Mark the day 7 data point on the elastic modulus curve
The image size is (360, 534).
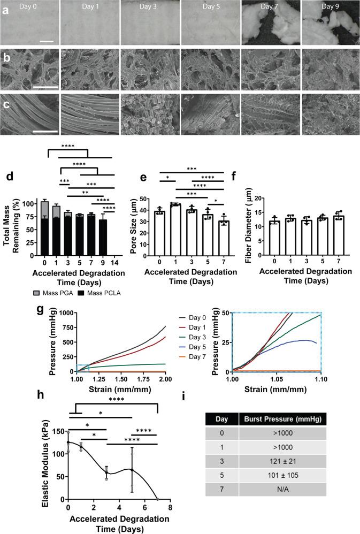157,499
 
